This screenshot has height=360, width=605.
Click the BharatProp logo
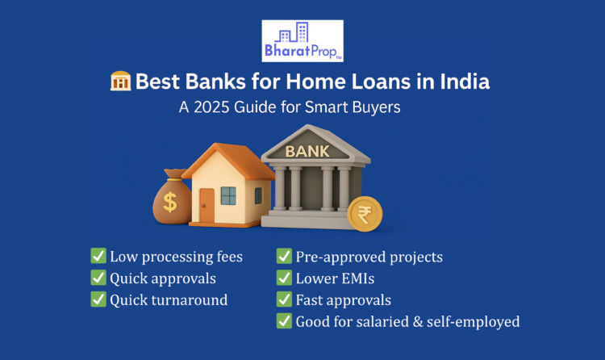tap(302, 41)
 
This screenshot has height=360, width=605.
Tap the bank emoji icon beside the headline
tap(121, 81)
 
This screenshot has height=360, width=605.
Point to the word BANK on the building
tap(307, 152)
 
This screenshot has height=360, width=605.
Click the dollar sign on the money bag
tap(170, 202)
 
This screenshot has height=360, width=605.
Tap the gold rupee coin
tap(365, 214)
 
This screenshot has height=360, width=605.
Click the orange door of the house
tap(207, 206)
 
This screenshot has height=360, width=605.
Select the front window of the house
tap(228, 196)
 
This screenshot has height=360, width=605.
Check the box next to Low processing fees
tap(98, 256)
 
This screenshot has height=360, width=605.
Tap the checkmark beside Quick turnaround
tap(98, 299)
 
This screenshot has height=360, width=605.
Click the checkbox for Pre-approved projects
tap(284, 256)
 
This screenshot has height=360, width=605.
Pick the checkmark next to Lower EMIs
tap(284, 278)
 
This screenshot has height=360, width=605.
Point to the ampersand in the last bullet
tap(418, 322)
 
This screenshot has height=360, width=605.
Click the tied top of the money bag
tap(174, 174)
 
